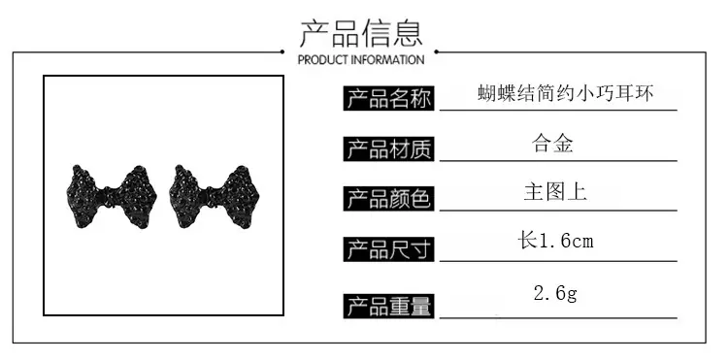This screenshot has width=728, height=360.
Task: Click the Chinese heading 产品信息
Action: click(x=361, y=33)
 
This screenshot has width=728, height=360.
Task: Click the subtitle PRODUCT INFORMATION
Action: click(x=361, y=60)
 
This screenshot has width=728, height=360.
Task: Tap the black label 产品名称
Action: click(x=388, y=98)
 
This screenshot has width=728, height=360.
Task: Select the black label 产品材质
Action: click(x=388, y=148)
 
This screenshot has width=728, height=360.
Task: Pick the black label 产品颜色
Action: click(x=388, y=199)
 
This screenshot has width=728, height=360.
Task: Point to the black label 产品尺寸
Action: click(x=388, y=249)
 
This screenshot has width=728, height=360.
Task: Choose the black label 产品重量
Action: click(x=388, y=307)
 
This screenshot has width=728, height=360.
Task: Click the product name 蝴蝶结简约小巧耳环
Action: click(x=566, y=93)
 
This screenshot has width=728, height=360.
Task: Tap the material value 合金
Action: click(x=552, y=144)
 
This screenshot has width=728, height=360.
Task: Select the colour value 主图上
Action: click(x=555, y=192)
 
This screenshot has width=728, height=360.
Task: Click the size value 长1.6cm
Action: click(x=556, y=241)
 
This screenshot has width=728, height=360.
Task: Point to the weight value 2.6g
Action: click(x=555, y=294)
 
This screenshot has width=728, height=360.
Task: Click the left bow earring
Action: click(x=112, y=197)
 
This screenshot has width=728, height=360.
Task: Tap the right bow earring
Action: click(x=215, y=197)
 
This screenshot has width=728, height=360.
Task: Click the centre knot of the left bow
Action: click(x=110, y=197)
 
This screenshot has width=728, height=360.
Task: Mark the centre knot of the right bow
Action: click(x=213, y=197)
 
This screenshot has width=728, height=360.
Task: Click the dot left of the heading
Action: click(x=282, y=52)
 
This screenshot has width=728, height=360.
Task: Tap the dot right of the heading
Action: click(x=437, y=52)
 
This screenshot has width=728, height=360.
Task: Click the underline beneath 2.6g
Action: click(x=558, y=318)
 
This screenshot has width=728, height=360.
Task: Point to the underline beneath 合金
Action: click(x=558, y=161)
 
